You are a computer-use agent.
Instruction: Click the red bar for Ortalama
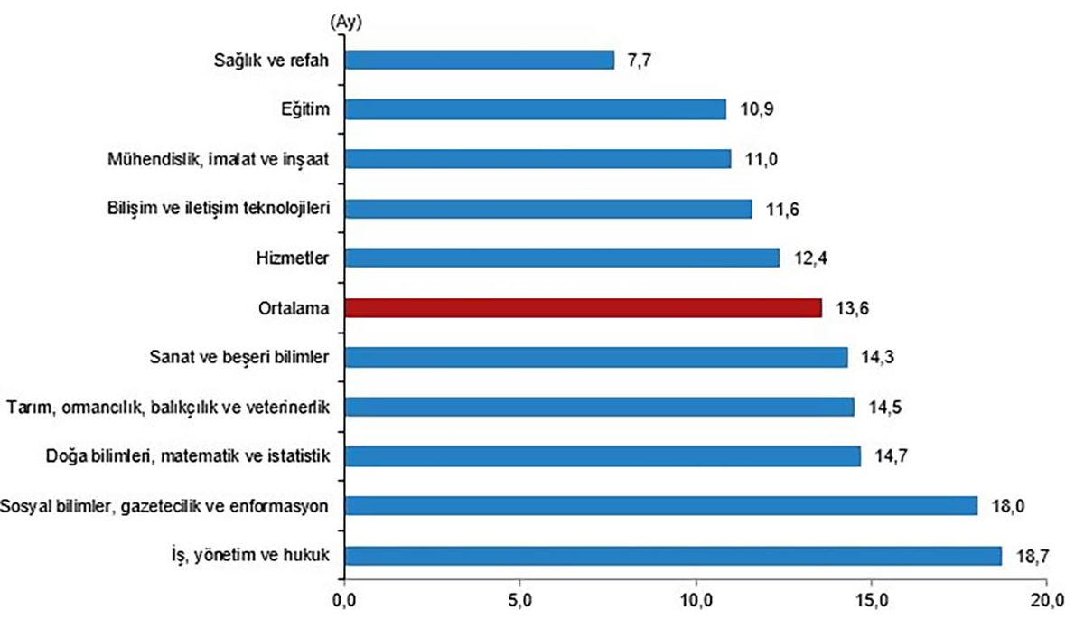(x=584, y=307)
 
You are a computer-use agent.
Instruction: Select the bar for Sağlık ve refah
(x=480, y=60)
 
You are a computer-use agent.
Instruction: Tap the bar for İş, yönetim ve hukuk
(x=673, y=555)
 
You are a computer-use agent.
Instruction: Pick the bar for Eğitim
(x=536, y=109)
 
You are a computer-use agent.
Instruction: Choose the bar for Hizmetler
(x=562, y=258)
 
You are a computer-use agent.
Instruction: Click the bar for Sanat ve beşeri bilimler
(x=595, y=357)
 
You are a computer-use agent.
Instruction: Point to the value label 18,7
(x=1029, y=555)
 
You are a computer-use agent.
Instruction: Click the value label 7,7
(x=640, y=60)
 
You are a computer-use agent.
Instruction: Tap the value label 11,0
(x=757, y=159)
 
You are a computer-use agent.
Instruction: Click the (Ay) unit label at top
(x=347, y=21)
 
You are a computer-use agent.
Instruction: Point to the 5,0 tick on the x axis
(x=520, y=600)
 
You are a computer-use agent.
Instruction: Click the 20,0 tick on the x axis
(x=1047, y=600)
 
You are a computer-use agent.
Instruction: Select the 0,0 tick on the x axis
(x=344, y=600)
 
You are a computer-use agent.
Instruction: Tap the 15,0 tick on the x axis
(x=872, y=600)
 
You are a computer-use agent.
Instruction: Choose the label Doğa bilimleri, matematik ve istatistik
(x=187, y=456)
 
